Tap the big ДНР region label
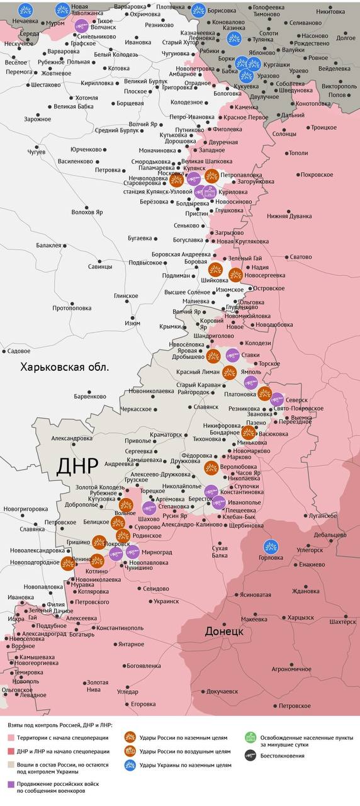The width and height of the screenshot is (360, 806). tap(77, 466)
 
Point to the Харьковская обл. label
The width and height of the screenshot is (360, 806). tap(64, 367)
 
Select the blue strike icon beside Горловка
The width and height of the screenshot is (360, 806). tap(271, 547)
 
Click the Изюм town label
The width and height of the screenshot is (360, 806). tap(132, 323)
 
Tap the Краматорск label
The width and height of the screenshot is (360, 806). tap(166, 434)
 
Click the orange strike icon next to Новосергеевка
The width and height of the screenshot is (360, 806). tap(235, 275)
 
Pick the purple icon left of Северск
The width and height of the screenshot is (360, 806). tap(277, 399)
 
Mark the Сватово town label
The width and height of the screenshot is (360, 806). tap(300, 257)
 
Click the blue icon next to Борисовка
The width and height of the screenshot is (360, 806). tap(198, 10)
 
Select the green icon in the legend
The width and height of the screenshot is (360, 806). tap(250, 737)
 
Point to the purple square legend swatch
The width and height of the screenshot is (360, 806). tap(11, 785)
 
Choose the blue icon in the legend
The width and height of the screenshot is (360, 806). tap(130, 765)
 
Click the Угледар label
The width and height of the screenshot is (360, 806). tap(127, 691)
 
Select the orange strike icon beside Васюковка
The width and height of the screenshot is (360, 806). tap(248, 432)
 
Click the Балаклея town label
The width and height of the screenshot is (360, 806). tap(48, 246)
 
